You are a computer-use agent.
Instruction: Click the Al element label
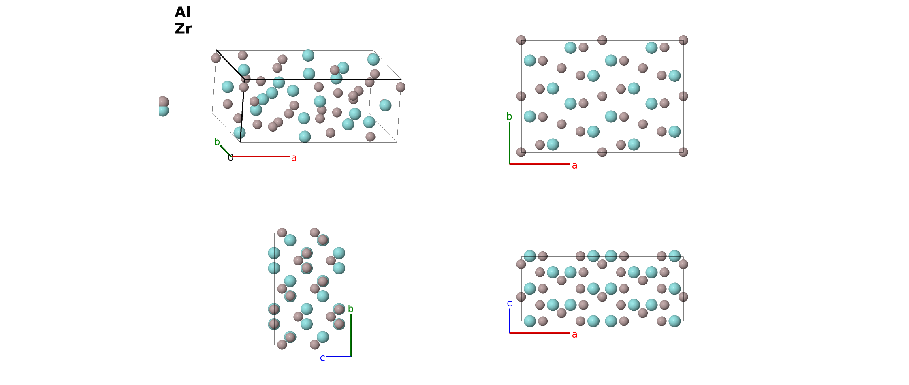coord(182,12)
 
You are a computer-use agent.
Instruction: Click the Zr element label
coord(183,28)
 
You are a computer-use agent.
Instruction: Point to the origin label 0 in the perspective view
coord(230,158)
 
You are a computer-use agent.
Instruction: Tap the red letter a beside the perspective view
coord(294,158)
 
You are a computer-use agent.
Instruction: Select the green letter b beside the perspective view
coord(217,142)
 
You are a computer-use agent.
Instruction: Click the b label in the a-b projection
coord(509,116)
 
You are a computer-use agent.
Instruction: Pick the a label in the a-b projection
coord(574,165)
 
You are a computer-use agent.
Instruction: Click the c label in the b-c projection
coord(322,358)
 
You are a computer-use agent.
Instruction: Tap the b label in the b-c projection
coord(351,309)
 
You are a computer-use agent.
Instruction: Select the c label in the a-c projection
coord(509,303)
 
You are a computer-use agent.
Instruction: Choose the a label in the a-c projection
coord(574,334)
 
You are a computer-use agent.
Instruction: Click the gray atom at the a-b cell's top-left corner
coord(521,40)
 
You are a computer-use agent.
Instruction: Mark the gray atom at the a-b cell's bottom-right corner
coord(683,152)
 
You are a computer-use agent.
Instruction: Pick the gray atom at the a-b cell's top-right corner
coord(683,40)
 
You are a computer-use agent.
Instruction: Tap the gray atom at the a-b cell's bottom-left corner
coord(521,152)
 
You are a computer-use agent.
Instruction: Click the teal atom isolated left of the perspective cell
coord(163,111)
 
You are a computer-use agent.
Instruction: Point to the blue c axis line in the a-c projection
coord(509,321)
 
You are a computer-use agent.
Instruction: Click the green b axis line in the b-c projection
coord(351,336)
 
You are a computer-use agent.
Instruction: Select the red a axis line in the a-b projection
coord(540,164)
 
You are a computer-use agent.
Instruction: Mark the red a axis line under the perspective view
coord(260,156)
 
